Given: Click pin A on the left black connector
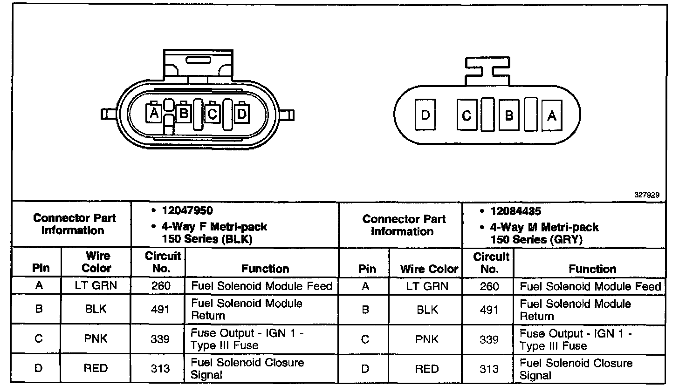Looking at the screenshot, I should (x=155, y=113).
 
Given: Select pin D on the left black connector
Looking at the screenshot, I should (x=242, y=114).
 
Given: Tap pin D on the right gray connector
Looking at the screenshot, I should (x=425, y=115).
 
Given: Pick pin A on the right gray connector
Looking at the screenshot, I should (x=552, y=115).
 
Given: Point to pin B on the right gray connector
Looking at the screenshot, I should (x=509, y=115).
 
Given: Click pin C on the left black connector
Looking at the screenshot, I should (x=213, y=114).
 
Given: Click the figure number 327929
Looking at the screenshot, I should (x=646, y=195).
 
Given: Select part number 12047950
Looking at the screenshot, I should (x=187, y=210).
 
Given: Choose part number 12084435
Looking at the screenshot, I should (x=515, y=211).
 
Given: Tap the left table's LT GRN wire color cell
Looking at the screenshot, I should (x=96, y=285).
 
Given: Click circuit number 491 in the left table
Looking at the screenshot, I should (x=160, y=309).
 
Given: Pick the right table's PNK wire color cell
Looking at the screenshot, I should (x=427, y=339).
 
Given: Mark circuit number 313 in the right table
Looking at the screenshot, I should (x=489, y=369).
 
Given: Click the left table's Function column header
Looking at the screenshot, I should (x=265, y=269).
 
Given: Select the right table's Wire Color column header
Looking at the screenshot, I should (x=429, y=269).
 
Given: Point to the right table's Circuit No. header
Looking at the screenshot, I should (x=491, y=263).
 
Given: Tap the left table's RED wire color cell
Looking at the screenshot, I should (x=96, y=368).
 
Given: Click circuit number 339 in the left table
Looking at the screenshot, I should (x=160, y=339).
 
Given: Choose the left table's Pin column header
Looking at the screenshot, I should (x=41, y=268).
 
